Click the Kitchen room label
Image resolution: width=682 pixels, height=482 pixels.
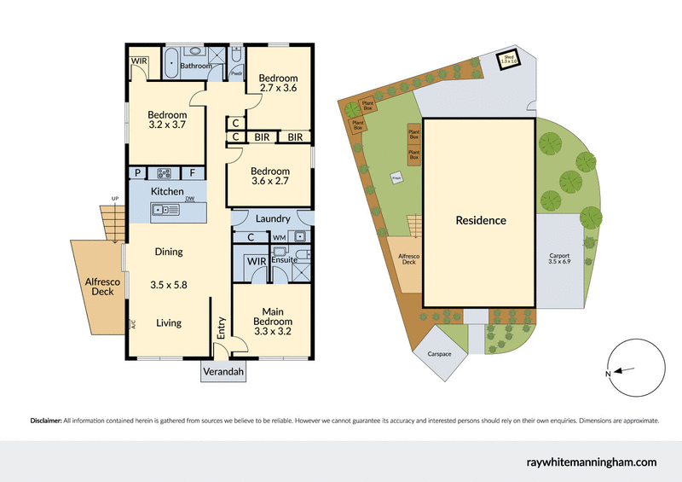[167, 191]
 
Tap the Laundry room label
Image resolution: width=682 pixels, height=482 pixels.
[273, 218]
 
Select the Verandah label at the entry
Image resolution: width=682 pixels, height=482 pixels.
[223, 373]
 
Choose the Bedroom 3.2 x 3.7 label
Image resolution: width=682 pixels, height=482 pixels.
[167, 119]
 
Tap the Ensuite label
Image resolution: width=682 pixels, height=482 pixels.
[284, 258]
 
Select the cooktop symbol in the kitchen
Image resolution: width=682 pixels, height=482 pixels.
[162, 171]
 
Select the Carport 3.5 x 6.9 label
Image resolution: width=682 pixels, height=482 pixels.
[559, 259]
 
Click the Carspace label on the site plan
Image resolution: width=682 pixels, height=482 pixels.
[435, 352]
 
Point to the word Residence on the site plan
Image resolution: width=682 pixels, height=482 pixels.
[480, 220]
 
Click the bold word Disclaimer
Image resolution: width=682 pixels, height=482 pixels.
[46, 421]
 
